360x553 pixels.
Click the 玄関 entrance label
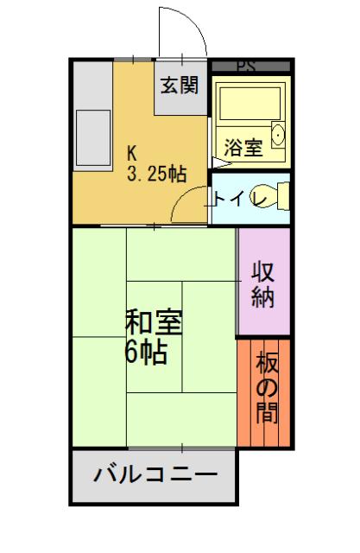click(x=181, y=87)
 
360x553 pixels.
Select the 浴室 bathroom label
click(x=243, y=147)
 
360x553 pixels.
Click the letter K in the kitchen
click(x=132, y=149)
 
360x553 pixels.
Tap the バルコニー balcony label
click(x=155, y=475)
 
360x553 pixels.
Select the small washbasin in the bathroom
click(x=279, y=136)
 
